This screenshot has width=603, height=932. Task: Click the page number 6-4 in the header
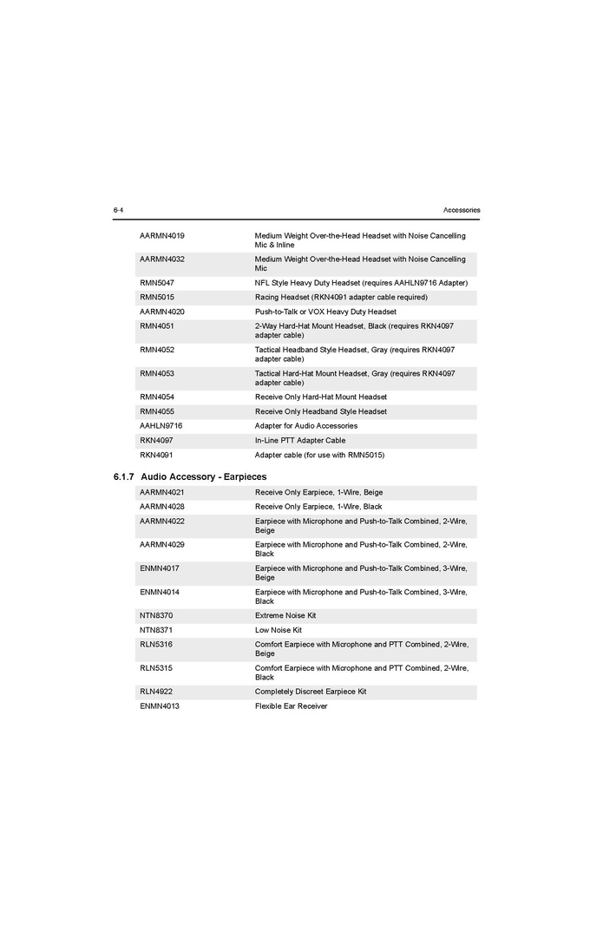(118, 210)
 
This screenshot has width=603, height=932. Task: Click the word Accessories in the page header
(461, 210)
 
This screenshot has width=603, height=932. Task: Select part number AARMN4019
(162, 236)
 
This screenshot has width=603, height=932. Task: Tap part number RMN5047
(157, 283)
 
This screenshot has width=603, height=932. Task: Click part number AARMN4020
(162, 312)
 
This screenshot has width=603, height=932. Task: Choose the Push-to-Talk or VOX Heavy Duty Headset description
(325, 312)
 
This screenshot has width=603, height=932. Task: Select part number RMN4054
(157, 397)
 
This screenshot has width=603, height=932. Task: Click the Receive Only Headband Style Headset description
(321, 411)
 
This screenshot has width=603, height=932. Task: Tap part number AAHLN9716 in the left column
(161, 426)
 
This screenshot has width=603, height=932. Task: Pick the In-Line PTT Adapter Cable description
(300, 440)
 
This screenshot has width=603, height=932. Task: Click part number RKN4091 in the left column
(156, 455)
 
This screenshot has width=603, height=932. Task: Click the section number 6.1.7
(124, 477)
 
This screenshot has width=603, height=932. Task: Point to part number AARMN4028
(162, 507)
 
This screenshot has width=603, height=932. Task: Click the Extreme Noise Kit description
(285, 615)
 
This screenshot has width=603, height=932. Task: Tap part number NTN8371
(156, 630)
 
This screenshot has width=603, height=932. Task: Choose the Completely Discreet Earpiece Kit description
(311, 692)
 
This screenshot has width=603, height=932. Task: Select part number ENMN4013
(160, 706)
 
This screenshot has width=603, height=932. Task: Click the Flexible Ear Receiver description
(292, 706)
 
